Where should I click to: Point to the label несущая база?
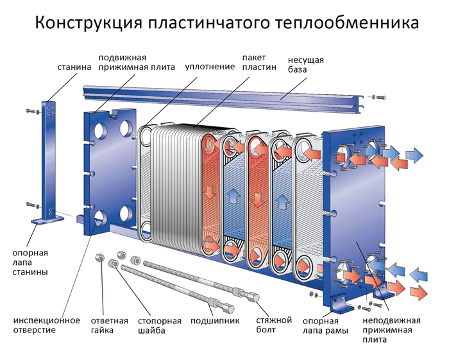[x=305, y=64]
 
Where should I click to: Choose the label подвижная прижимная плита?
[x=136, y=62]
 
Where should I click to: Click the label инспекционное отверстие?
[x=47, y=325]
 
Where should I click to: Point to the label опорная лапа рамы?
[x=325, y=325]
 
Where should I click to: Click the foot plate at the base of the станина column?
[x=49, y=219]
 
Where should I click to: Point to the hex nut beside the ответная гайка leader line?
[x=99, y=258]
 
